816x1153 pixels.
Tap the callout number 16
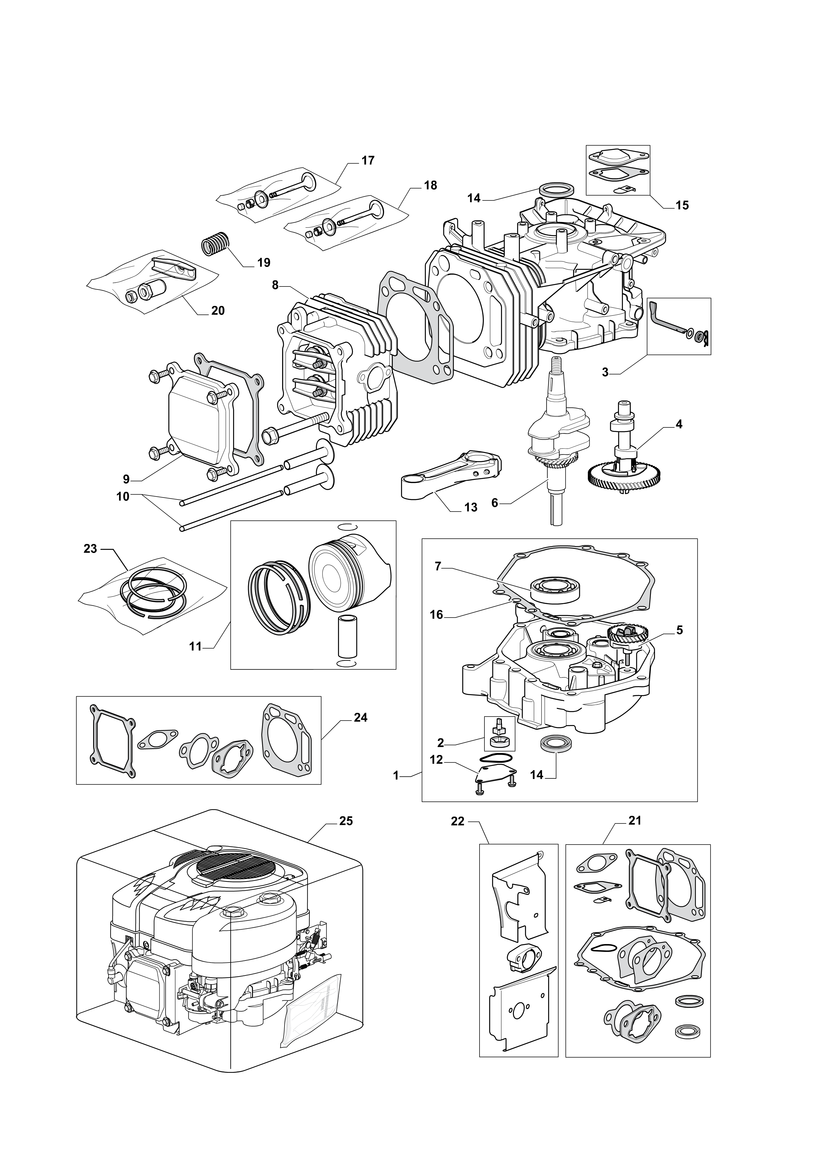(437, 614)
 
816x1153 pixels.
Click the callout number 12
(437, 760)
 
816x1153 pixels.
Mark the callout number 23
(91, 549)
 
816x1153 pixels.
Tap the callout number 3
(605, 372)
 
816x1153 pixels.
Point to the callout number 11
(196, 646)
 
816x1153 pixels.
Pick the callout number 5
(679, 630)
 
